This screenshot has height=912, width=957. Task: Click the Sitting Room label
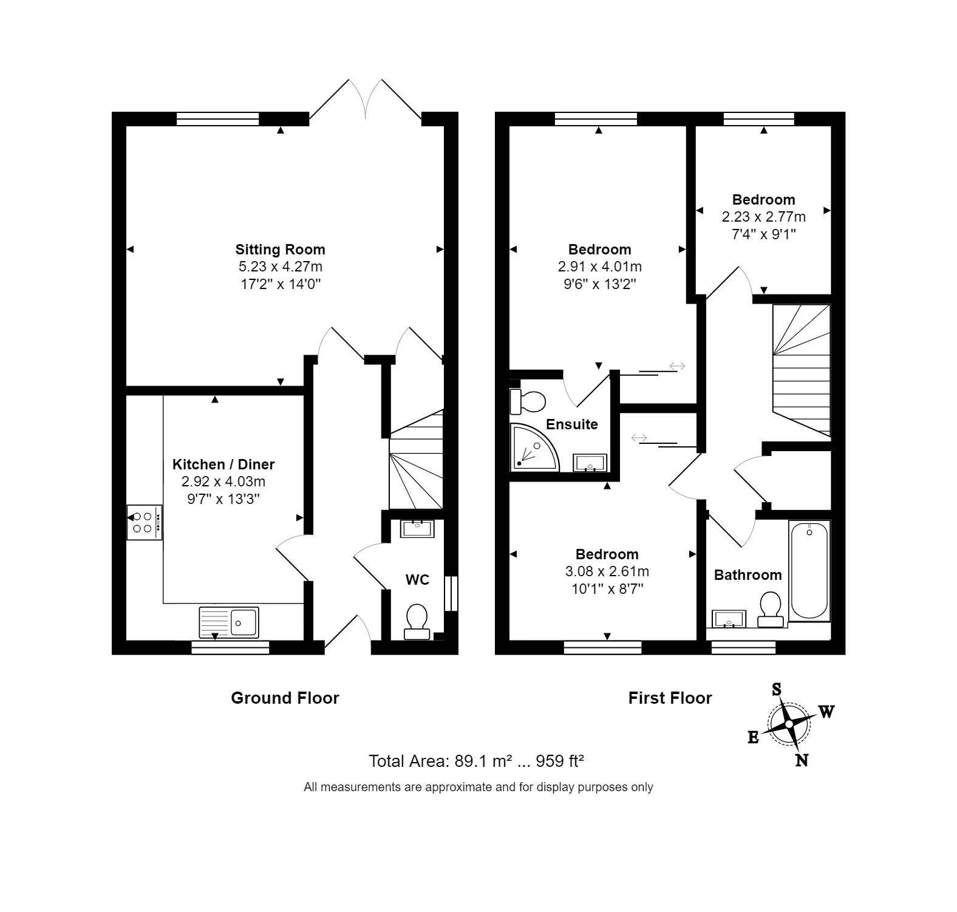click(280, 250)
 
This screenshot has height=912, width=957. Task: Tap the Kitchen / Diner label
click(223, 465)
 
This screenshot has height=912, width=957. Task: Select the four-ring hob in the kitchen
click(144, 522)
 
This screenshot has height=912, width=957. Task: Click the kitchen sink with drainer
click(228, 622)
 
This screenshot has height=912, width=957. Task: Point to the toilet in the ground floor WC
click(417, 621)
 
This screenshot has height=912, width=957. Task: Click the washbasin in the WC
click(417, 528)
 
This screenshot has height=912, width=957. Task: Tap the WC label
click(417, 580)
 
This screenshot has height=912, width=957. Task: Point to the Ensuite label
click(571, 424)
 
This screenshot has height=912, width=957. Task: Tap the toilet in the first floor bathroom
click(771, 609)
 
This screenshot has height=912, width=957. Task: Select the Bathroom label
click(748, 575)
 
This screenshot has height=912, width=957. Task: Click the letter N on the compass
click(802, 760)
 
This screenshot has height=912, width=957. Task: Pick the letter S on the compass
click(776, 689)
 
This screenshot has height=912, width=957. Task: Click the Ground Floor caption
click(285, 698)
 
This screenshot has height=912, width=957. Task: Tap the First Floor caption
click(670, 698)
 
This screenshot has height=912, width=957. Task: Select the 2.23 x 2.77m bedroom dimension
click(763, 217)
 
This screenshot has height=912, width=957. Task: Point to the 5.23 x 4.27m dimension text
click(280, 267)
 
